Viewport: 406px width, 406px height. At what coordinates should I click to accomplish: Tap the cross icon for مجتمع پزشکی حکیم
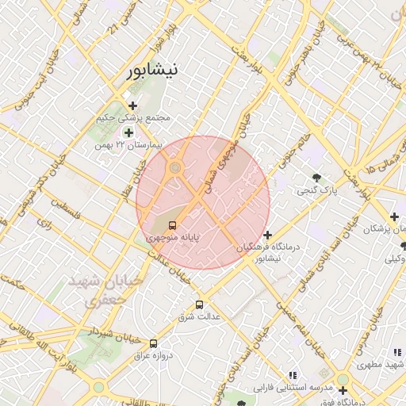(x=132, y=105)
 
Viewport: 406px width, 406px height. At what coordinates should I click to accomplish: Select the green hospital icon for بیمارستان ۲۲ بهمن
(x=128, y=132)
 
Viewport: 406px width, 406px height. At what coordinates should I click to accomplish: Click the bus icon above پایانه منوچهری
(x=174, y=224)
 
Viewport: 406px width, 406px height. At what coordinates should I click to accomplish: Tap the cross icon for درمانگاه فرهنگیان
(x=268, y=236)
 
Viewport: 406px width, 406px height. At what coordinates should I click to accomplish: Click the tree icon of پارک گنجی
(x=317, y=178)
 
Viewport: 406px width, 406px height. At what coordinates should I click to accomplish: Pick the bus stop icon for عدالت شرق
(x=199, y=304)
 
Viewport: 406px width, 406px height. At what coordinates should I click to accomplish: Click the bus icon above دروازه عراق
(x=155, y=343)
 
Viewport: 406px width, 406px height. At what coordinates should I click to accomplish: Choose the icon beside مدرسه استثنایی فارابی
(x=293, y=375)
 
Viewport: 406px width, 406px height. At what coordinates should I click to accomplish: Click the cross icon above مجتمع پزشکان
(x=393, y=216)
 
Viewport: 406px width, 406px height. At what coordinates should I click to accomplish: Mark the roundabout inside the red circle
(x=174, y=167)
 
